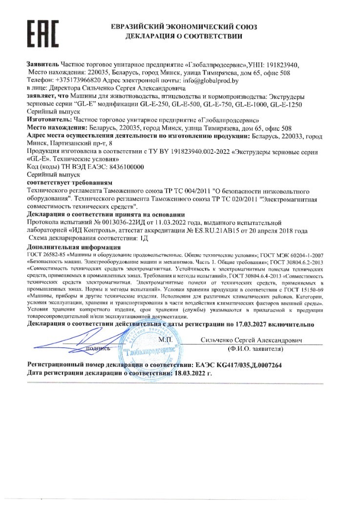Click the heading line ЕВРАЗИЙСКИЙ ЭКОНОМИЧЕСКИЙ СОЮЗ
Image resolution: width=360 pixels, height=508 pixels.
tap(184, 27)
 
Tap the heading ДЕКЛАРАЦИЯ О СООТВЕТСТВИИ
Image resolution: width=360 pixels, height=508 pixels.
tap(184, 37)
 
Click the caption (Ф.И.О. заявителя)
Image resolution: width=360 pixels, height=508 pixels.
tap(253, 350)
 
